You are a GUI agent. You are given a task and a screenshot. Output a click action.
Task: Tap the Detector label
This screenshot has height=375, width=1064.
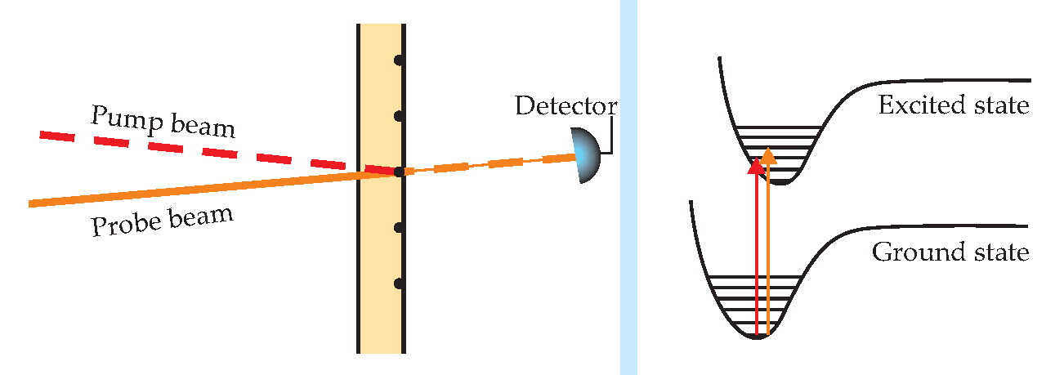pos(566,105)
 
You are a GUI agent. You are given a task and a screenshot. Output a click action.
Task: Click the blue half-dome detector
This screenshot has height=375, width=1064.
pos(587,155)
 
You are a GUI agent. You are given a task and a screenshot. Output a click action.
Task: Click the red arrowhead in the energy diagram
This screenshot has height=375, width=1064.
pos(756,166)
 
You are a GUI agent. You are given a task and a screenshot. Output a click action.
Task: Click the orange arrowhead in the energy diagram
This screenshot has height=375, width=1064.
pos(767,156)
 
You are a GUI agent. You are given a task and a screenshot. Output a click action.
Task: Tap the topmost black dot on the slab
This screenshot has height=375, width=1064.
pos(400,60)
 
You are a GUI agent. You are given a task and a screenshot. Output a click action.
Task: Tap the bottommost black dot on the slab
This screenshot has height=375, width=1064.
pos(400,283)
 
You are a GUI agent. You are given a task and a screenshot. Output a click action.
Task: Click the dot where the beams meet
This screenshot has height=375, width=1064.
pos(400,172)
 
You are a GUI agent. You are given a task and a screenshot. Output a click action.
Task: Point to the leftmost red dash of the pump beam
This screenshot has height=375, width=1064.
pos(57,136)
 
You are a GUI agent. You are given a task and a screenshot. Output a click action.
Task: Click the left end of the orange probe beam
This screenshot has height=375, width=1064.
pos(30,204)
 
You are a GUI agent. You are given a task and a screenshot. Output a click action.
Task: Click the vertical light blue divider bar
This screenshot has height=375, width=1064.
pos(628,188)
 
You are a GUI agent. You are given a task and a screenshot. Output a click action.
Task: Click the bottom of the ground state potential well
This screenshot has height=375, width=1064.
pos(758,337)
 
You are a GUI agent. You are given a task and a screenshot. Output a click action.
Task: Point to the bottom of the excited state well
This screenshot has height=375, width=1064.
pos(780,183)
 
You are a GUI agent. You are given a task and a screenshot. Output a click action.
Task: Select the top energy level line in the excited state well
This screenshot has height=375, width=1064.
pos(778,127)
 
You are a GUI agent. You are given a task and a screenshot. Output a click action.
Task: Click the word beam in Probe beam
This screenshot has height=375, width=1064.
pos(201,217)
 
